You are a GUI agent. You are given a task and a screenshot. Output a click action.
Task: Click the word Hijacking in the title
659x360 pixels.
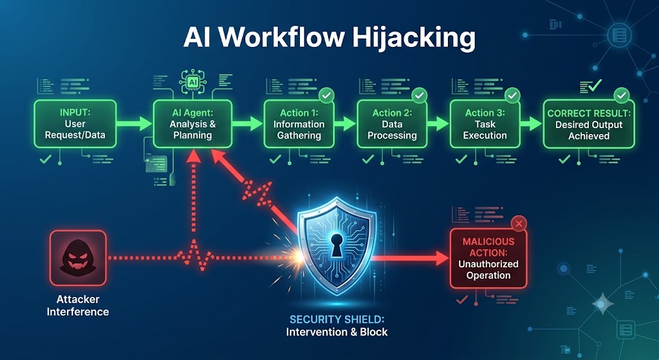tap(414, 39)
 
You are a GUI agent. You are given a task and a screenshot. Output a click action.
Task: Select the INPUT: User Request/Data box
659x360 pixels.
tap(75, 124)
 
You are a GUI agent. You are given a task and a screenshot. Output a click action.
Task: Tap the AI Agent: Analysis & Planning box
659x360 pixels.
tap(192, 124)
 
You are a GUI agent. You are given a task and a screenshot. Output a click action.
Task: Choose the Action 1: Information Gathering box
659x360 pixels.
tap(299, 124)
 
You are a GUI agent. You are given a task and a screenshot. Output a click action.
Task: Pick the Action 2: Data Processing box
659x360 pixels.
tap(392, 124)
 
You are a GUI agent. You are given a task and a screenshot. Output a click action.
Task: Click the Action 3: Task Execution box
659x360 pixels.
tap(485, 124)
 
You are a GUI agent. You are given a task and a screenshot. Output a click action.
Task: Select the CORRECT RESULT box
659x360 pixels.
tap(589, 124)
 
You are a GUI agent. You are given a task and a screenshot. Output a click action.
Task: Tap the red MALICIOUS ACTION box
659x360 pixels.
tap(488, 259)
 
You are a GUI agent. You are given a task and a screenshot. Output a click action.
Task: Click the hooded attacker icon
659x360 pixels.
tap(78, 258)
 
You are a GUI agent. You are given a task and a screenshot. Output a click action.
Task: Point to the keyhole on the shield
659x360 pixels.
tap(336, 245)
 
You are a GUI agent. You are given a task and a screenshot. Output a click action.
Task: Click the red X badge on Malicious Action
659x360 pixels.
tap(519, 223)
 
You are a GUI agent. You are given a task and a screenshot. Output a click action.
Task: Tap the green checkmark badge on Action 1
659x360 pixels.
tap(326, 96)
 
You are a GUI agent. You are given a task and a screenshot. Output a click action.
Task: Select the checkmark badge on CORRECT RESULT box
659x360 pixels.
tap(622, 96)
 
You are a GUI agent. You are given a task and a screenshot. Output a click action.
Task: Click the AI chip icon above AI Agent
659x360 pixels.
tap(193, 82)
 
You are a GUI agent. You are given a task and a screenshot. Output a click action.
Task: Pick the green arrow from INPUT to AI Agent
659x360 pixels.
tap(135, 124)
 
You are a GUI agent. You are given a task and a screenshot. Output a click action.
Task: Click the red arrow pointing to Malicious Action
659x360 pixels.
tap(411, 258)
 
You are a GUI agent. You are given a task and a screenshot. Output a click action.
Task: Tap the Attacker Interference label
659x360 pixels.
tap(78, 305)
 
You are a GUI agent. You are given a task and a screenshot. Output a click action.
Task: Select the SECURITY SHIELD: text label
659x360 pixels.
tap(337, 319)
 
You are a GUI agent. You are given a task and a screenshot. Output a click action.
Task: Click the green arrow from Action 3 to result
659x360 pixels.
tap(531, 124)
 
